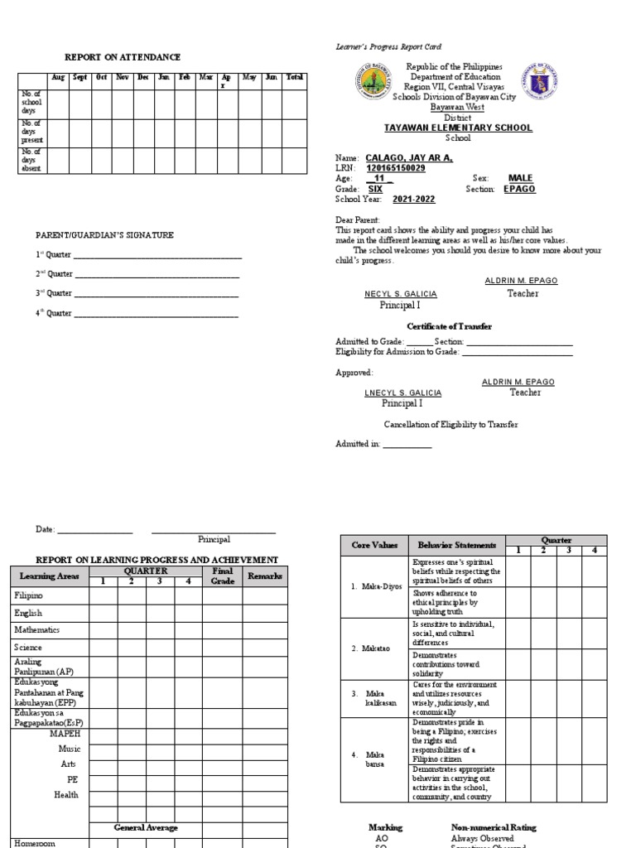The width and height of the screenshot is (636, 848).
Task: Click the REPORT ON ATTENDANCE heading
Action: tap(123, 57)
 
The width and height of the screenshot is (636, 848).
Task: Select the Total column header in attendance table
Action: tap(294, 77)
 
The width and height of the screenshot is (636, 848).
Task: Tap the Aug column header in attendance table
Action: tap(58, 77)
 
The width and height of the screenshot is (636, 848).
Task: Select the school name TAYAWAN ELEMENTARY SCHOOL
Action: tap(458, 128)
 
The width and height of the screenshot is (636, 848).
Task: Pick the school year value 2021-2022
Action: tap(415, 200)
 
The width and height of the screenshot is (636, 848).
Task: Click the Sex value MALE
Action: tap(520, 178)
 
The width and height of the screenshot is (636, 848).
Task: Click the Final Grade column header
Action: tap(222, 576)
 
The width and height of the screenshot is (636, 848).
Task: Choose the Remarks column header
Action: tap(265, 576)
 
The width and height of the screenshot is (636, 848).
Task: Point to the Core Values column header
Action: tap(374, 545)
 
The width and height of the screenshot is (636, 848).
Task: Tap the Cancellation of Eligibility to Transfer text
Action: tap(450, 425)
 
